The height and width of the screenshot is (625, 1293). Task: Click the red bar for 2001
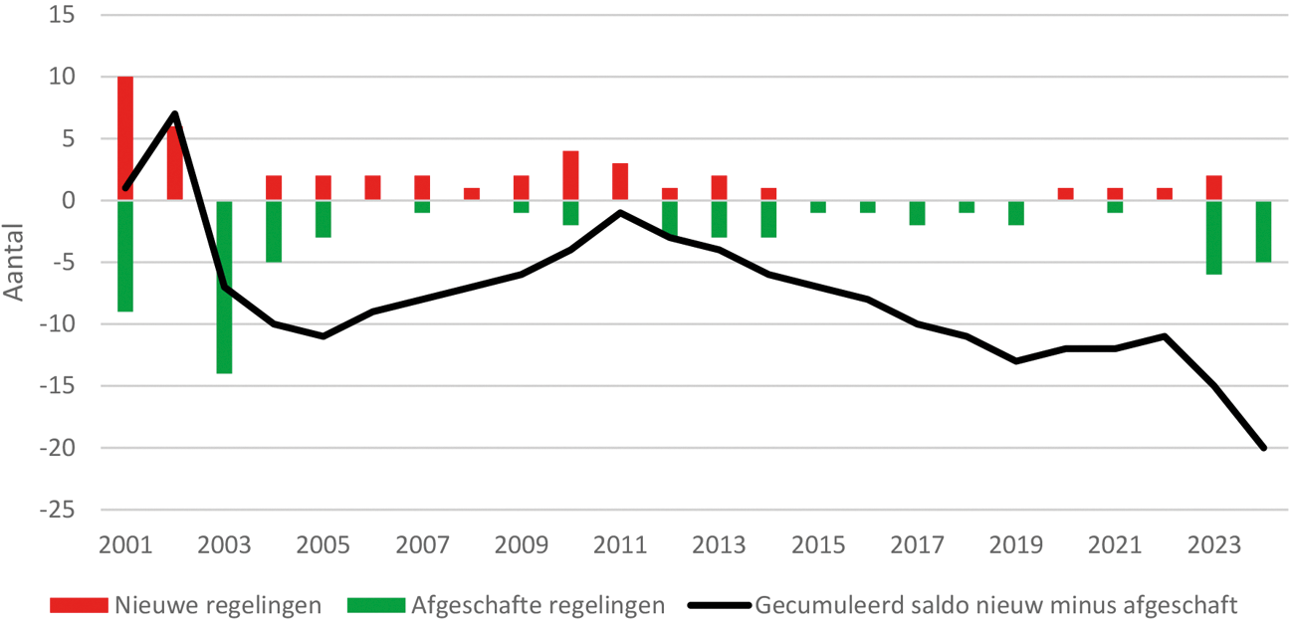(125, 137)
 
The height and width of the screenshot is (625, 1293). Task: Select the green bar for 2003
(224, 287)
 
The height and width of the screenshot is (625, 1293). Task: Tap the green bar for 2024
(1263, 231)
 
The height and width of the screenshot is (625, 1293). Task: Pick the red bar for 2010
(570, 175)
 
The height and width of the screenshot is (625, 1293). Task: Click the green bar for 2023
(1213, 237)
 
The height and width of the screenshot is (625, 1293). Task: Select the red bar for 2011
(620, 181)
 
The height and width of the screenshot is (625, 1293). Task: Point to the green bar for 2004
(274, 231)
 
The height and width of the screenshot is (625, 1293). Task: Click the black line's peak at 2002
(175, 113)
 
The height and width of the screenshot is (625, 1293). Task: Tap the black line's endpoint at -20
(1263, 448)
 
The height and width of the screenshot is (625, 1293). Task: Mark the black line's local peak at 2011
(620, 212)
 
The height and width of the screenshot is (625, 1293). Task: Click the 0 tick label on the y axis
(70, 200)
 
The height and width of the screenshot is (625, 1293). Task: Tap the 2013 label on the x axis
(719, 546)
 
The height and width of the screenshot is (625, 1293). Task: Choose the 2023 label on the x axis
(1213, 546)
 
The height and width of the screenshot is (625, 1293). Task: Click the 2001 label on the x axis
(125, 546)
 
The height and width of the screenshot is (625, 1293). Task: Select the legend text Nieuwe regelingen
(218, 605)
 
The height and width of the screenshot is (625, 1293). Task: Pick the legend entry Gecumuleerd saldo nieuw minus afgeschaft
(996, 605)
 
